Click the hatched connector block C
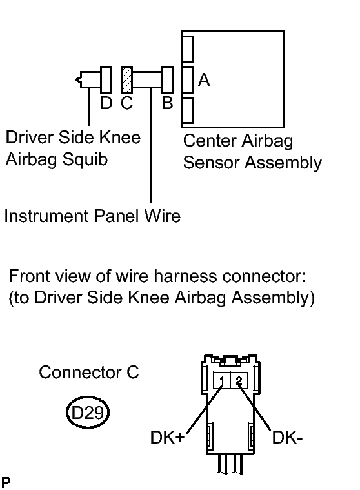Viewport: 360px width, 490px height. point(126,79)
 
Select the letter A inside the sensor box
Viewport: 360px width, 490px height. point(204,79)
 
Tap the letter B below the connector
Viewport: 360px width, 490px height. point(167,103)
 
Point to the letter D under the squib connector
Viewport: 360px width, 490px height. point(106,103)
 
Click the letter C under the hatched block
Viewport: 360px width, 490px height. point(126,103)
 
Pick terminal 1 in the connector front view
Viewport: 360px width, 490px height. point(222,380)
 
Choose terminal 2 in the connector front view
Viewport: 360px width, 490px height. point(239,380)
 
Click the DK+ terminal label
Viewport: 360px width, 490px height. point(167,437)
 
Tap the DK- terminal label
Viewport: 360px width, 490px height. point(287,437)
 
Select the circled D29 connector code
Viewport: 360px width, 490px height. point(88,413)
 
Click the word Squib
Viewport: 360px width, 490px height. point(85,160)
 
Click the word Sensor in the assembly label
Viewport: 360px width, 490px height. point(211,163)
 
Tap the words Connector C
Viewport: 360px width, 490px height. point(89,373)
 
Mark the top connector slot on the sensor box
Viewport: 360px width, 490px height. point(188,49)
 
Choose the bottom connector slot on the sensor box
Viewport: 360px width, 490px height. point(188,110)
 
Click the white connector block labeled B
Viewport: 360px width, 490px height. point(167,79)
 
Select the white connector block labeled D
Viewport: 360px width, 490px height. point(106,79)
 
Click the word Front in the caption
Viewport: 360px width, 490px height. point(29,276)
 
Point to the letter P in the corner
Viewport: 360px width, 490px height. point(6,482)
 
